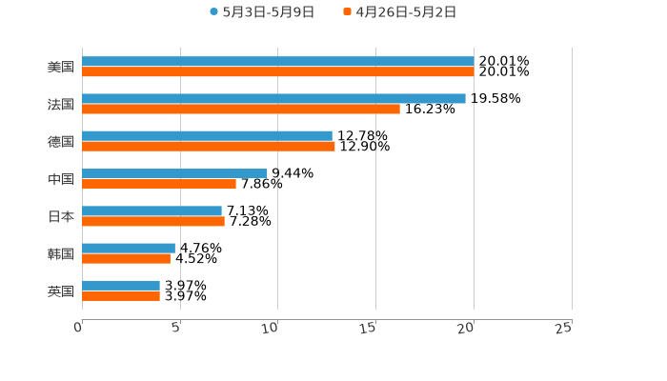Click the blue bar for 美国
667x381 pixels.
pos(277,61)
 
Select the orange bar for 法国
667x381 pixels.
pos(241,109)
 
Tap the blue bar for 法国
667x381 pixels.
pos(273,98)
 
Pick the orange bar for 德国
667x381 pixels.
pos(209,146)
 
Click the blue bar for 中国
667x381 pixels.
pos(174,173)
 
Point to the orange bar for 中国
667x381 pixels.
pos(159,184)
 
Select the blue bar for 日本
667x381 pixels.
pos(152,211)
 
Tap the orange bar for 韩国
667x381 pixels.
pos(126,258)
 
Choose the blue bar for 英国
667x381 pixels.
pos(121,285)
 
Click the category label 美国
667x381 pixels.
pos(61,67)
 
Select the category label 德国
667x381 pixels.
pos(61,141)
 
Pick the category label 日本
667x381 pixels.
pos(61,216)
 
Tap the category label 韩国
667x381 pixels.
pos(61,253)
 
